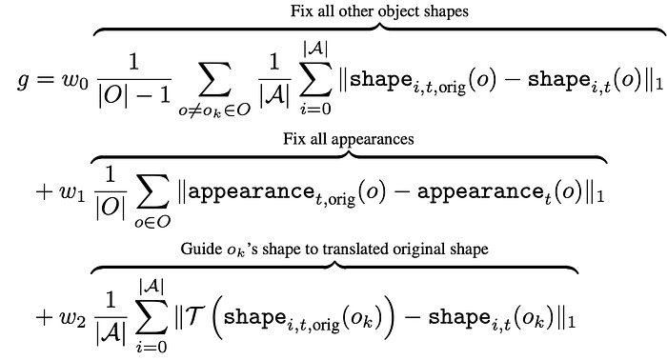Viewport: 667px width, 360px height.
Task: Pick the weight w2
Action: (x=71, y=317)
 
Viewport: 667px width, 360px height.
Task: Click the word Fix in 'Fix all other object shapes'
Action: (x=300, y=10)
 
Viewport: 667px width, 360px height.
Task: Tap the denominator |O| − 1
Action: (x=134, y=96)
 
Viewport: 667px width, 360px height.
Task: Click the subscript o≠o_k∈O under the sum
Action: (x=214, y=110)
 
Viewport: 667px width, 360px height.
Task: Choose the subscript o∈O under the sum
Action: (x=152, y=222)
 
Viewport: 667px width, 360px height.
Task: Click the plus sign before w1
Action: (x=44, y=191)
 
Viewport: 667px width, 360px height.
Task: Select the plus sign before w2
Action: (x=44, y=318)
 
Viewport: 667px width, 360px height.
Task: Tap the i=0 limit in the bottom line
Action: (x=152, y=347)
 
